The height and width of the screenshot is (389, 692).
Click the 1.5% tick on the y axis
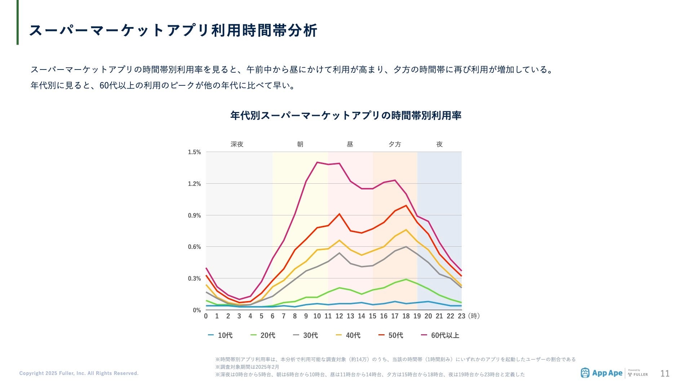(194, 152)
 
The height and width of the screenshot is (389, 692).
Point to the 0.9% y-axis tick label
(194, 215)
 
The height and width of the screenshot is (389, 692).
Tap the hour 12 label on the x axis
(339, 316)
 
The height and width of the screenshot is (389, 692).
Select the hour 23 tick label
(461, 316)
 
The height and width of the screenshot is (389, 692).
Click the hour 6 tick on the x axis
(272, 316)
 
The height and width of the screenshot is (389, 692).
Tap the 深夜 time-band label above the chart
(237, 144)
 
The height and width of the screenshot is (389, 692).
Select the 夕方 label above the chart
(395, 144)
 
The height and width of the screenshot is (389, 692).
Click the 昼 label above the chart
(350, 144)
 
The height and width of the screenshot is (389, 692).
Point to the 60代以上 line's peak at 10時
(317, 162)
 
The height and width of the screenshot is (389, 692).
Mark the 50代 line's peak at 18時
(406, 206)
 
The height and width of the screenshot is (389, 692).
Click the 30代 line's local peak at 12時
(339, 253)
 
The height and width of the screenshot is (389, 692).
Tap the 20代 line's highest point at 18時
(406, 279)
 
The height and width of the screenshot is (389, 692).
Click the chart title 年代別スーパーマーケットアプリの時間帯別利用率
(346, 115)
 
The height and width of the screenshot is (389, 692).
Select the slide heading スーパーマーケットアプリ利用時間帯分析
(173, 30)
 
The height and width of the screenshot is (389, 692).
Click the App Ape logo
(602, 373)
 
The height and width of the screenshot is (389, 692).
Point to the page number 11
(665, 374)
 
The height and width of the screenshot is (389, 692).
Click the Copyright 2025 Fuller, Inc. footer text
(79, 373)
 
